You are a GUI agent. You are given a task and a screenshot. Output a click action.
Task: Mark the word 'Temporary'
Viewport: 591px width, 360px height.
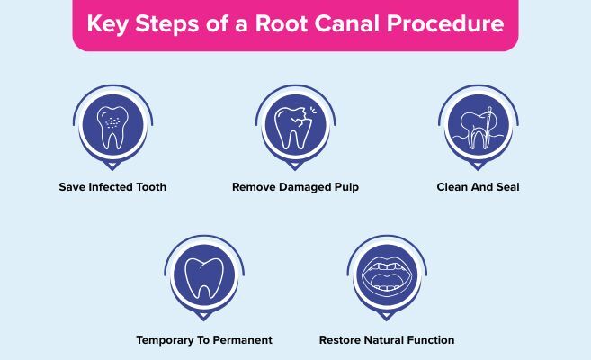(166, 341)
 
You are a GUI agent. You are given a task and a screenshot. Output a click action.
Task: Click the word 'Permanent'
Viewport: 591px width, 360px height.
(241, 341)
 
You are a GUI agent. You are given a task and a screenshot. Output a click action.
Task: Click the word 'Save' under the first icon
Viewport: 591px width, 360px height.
(73, 188)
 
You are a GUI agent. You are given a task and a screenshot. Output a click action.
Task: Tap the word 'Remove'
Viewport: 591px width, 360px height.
(253, 188)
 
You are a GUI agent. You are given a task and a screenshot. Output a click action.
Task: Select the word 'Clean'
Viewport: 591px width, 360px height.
(453, 188)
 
